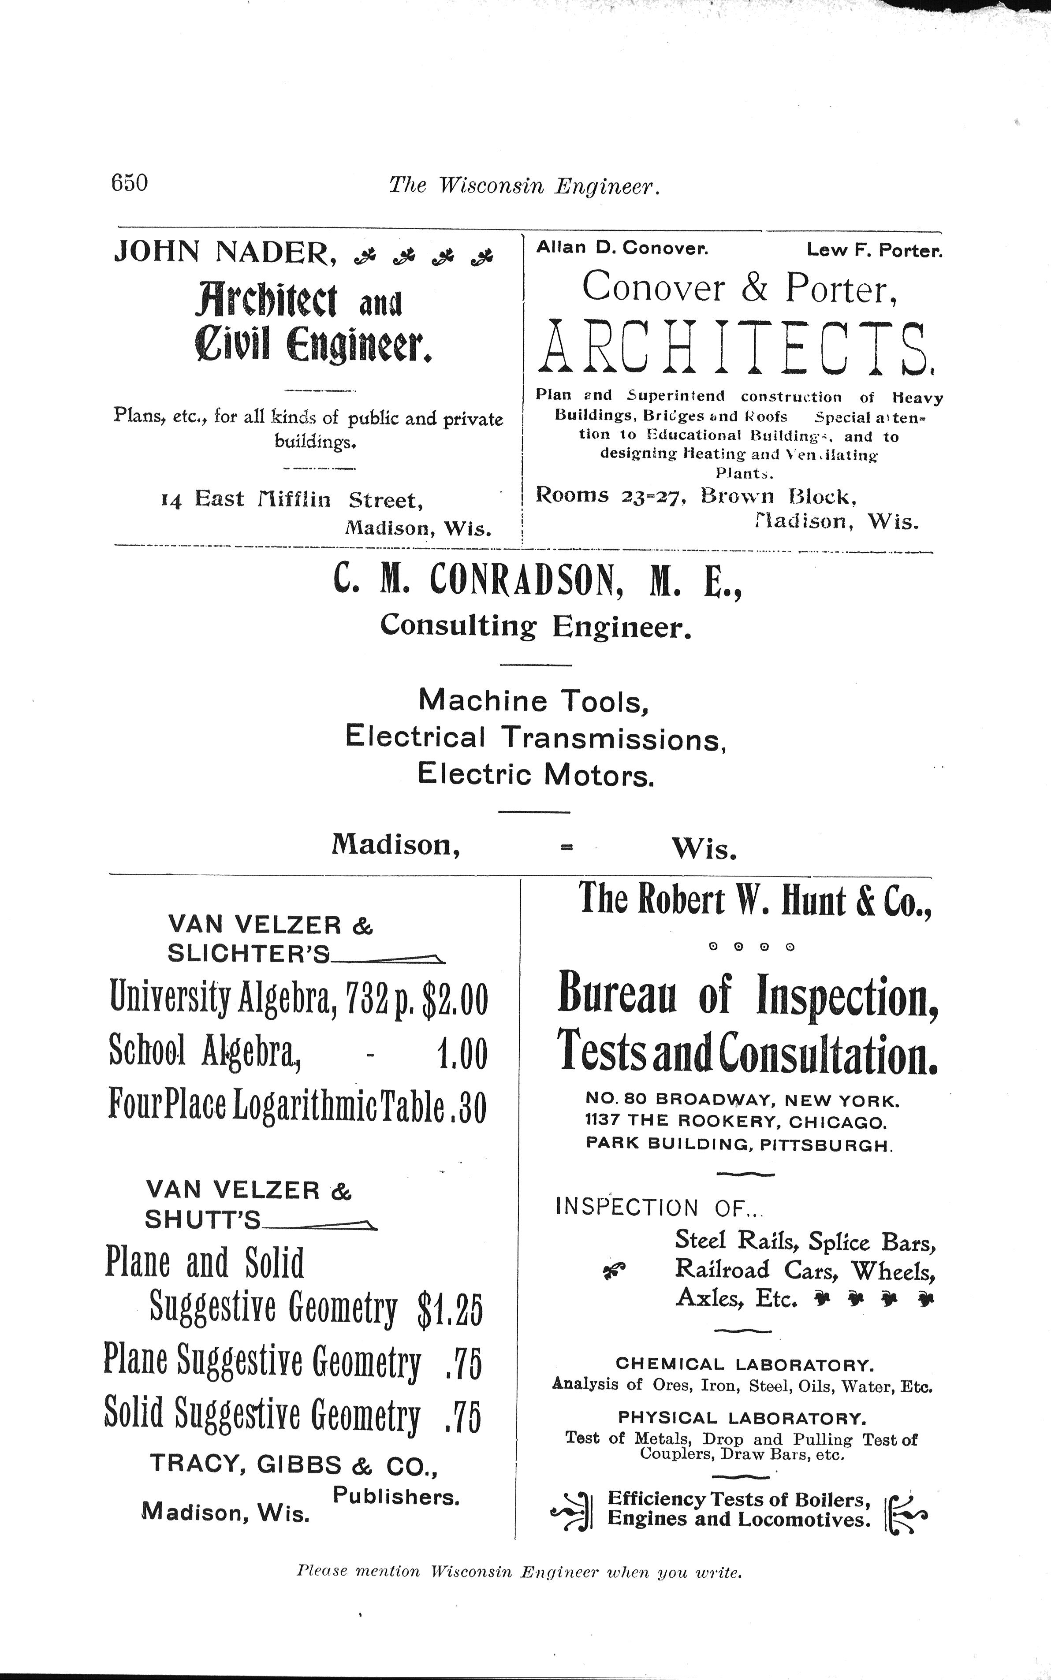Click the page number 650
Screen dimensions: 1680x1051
tap(129, 183)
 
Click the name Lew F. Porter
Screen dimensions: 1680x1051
tap(875, 250)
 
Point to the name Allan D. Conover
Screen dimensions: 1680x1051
tap(622, 248)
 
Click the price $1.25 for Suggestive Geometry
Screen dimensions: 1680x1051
tap(449, 1309)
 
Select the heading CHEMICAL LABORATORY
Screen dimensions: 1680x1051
tap(745, 1364)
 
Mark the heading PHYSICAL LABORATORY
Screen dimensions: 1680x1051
tap(742, 1418)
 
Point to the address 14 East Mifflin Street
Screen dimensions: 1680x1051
tap(291, 500)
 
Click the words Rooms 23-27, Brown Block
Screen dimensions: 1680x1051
tap(695, 496)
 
